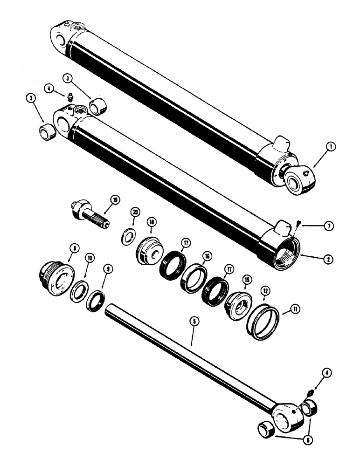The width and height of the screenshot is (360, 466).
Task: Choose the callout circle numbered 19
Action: (115, 200)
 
